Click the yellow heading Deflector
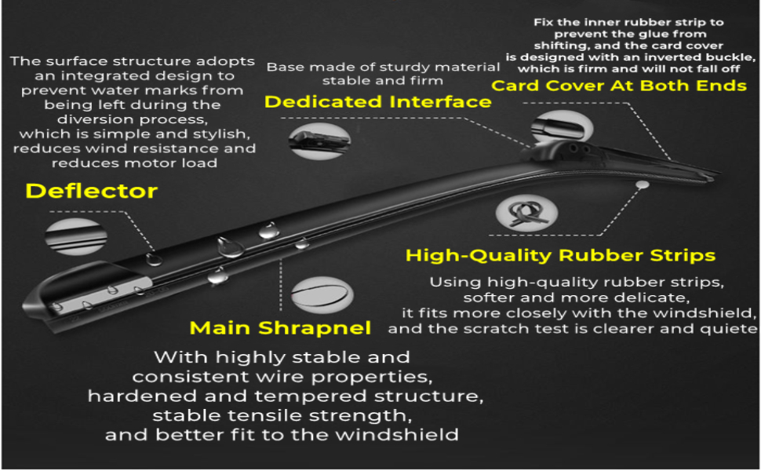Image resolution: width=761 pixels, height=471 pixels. click(x=92, y=191)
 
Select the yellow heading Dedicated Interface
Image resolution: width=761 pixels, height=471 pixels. click(x=377, y=102)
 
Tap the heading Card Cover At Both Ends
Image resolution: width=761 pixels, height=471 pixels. click(x=619, y=85)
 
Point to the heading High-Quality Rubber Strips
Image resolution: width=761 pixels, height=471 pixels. click(x=560, y=255)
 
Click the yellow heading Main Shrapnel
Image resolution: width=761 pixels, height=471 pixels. click(x=281, y=327)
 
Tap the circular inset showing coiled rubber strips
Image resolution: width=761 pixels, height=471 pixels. click(x=527, y=214)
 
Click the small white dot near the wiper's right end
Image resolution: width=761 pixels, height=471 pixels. click(x=643, y=184)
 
